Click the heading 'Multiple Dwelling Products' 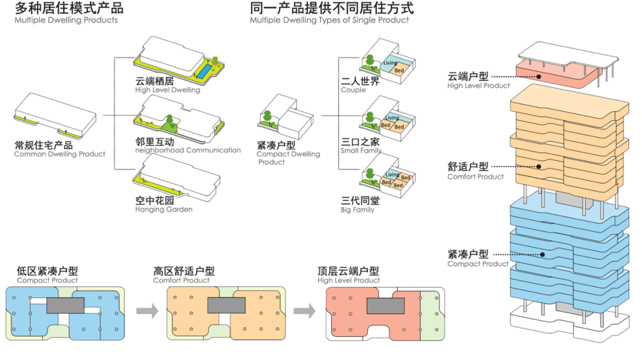(66, 20)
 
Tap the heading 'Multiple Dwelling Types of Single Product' (329, 20)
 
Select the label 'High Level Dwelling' (168, 90)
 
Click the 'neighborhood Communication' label (188, 150)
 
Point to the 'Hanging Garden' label (163, 210)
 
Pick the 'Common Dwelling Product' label (59, 154)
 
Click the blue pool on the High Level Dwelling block (203, 71)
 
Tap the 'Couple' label (353, 90)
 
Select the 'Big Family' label (358, 210)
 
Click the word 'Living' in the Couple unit (390, 63)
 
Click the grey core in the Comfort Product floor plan (226, 305)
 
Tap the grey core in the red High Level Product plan (386, 305)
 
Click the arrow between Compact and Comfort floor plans (146, 310)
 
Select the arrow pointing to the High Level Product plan (304, 310)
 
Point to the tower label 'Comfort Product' (476, 176)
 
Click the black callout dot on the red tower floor (539, 76)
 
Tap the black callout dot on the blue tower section (543, 254)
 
